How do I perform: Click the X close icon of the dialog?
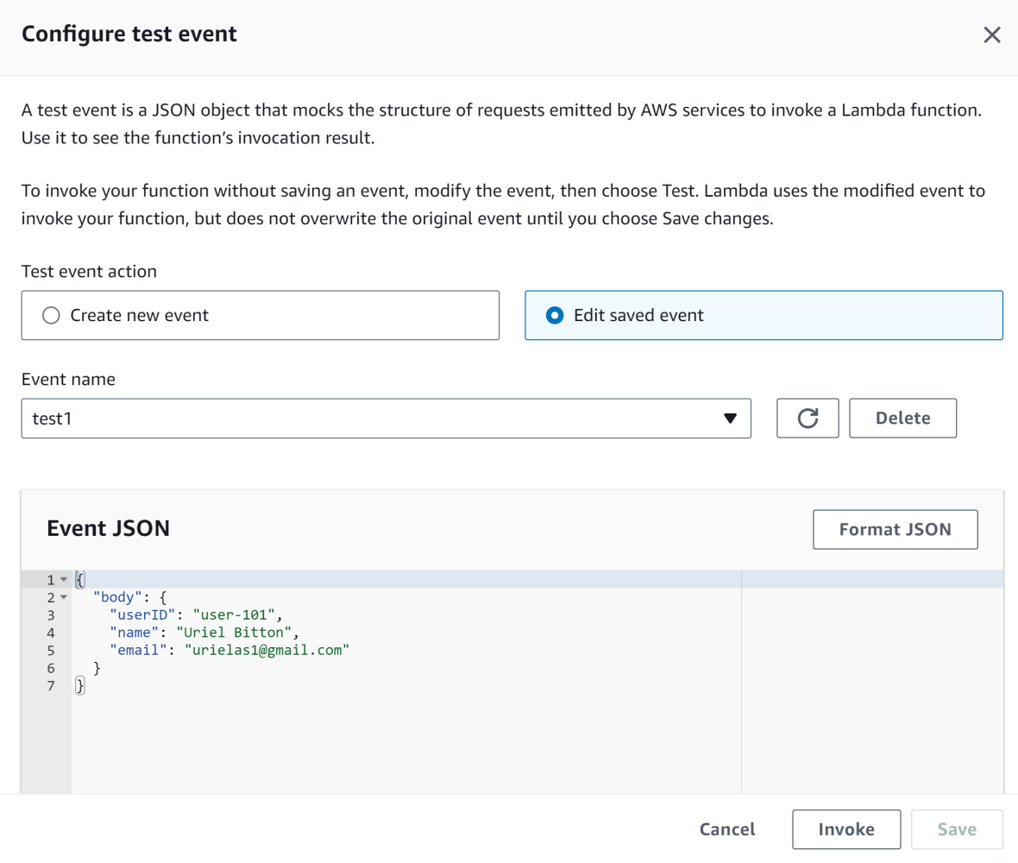[x=992, y=35]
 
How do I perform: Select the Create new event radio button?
[x=51, y=316]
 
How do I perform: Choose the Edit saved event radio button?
[x=555, y=316]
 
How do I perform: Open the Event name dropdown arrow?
[x=730, y=419]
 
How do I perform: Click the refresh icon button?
[x=807, y=419]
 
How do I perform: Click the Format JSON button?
[x=895, y=530]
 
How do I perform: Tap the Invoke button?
[x=845, y=829]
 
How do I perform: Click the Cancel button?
[x=727, y=829]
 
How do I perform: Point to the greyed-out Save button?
[x=957, y=829]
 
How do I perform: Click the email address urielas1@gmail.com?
[x=267, y=650]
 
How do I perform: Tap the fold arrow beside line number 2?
[x=63, y=597]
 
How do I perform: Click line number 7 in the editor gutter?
[x=51, y=686]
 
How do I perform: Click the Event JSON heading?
[x=108, y=528]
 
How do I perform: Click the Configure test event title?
[x=129, y=35]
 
